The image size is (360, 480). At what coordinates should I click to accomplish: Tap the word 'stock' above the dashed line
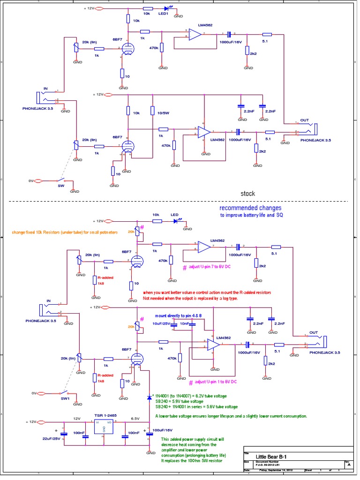click(248, 193)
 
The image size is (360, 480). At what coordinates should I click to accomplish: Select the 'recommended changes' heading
click(251, 208)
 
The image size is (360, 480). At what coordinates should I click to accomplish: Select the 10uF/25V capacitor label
click(160, 323)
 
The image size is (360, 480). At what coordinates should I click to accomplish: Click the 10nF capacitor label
click(185, 323)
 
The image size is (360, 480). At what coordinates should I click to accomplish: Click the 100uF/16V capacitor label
click(163, 430)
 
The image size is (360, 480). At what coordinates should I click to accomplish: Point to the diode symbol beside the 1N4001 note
click(149, 398)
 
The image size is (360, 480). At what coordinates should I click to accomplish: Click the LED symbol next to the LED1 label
click(167, 8)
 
